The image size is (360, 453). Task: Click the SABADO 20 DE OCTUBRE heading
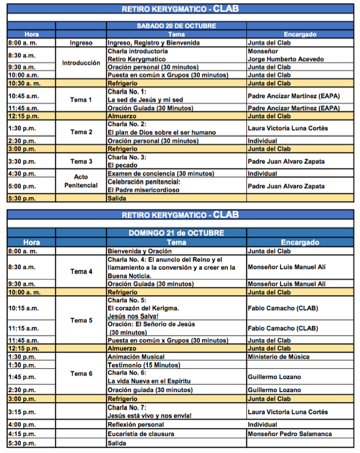tap(176, 25)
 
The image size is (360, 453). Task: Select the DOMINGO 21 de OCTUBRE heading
tap(176, 233)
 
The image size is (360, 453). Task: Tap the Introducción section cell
tap(81, 63)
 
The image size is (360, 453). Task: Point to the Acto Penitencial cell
tap(81, 181)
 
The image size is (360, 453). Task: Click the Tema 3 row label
tap(81, 161)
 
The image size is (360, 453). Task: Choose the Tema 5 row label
tap(81, 320)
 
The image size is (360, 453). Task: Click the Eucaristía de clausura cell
tap(141, 434)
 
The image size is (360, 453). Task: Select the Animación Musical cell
tap(136, 357)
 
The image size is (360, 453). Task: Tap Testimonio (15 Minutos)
tap(144, 365)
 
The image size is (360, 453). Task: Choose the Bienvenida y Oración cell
tap(136, 251)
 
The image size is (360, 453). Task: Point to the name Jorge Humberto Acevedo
tap(286, 59)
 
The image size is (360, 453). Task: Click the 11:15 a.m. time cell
tap(23, 328)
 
